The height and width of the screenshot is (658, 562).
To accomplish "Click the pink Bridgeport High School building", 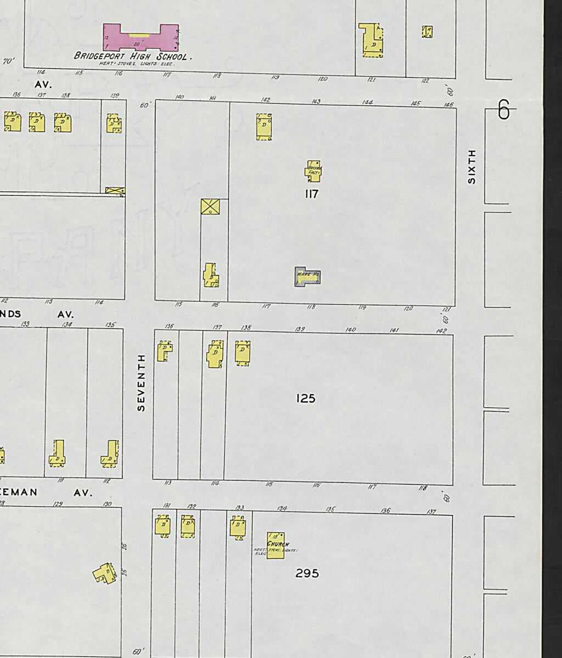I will pos(140,37).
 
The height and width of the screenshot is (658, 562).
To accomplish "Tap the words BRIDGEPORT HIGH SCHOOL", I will pos(132,56).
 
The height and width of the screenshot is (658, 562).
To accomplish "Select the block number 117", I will pos(311,194).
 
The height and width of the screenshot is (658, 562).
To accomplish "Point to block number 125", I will pos(306,399).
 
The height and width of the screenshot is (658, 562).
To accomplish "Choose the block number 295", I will pos(307,574).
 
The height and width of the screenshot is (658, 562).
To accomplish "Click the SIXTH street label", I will pos(471,166).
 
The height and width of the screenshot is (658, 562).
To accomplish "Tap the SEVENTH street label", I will pos(142,382).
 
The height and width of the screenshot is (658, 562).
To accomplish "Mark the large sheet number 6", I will pos(503,110).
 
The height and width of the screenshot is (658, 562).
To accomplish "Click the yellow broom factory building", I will pos(313,172).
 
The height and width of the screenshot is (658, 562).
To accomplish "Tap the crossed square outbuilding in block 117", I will pos(210,206).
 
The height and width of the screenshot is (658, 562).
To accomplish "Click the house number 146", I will pos(449,104).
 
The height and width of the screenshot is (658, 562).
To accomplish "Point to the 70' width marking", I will pos(9,61).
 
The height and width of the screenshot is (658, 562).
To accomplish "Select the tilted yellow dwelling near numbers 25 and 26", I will pos(104,574).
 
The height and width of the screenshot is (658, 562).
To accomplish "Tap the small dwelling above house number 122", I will pos(427,32).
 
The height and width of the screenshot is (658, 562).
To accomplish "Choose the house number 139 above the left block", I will pos(114,95).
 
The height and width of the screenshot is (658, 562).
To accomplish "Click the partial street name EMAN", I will pos(19,492).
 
